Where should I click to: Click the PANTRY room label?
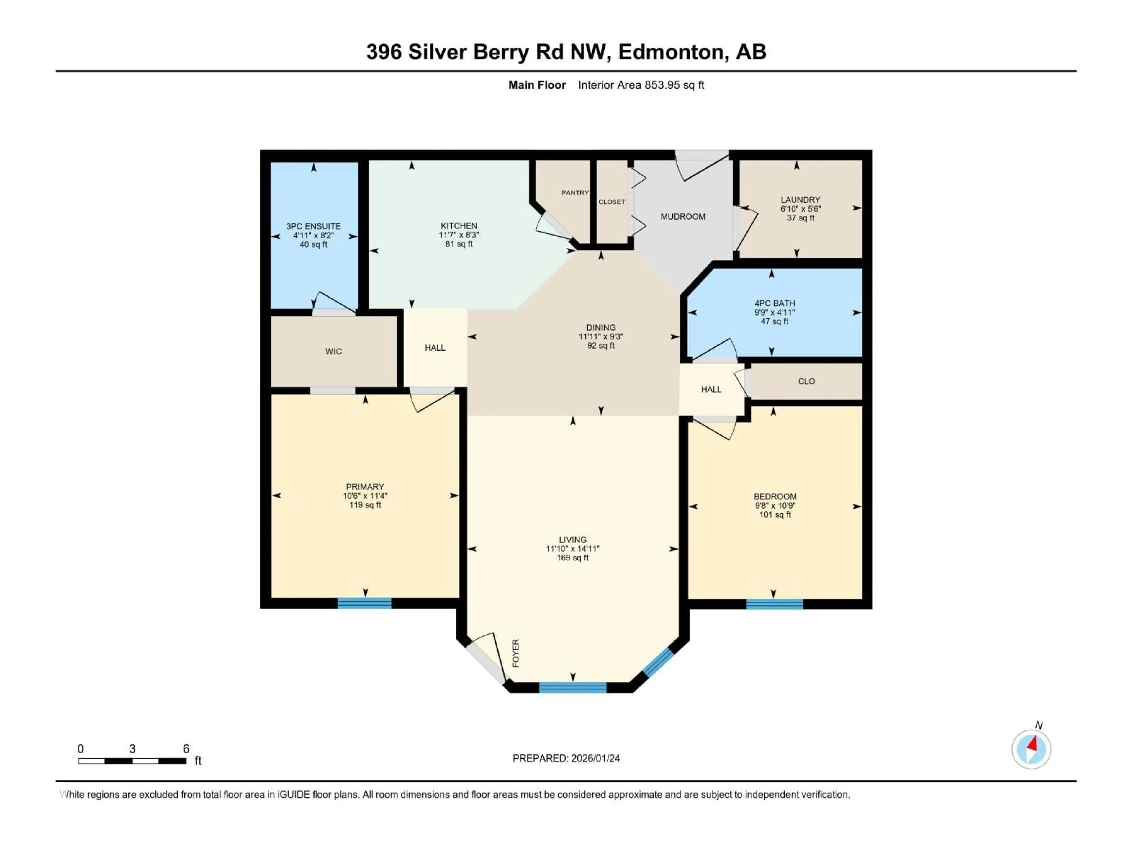[575, 193]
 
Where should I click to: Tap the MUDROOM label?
[683, 217]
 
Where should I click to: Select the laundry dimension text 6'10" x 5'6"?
[800, 209]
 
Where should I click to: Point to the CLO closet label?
[806, 381]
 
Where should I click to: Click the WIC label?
[333, 352]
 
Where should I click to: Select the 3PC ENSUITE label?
[313, 226]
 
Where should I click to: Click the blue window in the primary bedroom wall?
[364, 603]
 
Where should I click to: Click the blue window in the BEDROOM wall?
[775, 604]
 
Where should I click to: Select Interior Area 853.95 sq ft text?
[641, 85]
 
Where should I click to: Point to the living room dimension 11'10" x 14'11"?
[573, 549]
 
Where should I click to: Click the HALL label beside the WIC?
[435, 348]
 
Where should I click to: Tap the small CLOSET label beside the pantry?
[612, 202]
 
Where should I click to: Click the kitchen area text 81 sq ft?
[459, 244]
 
